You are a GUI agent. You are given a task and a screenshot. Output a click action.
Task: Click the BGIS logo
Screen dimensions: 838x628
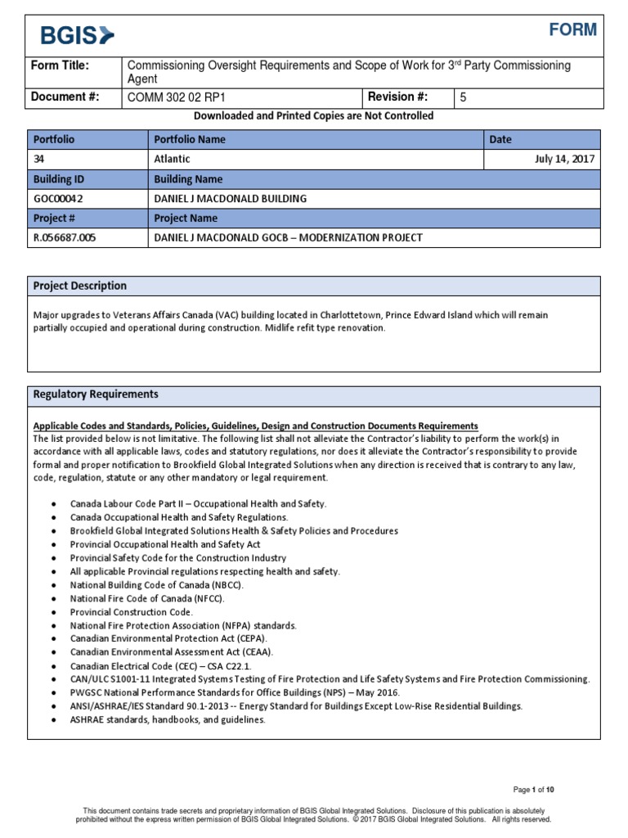(78, 34)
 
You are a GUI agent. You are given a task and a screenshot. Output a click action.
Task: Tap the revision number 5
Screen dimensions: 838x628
(464, 97)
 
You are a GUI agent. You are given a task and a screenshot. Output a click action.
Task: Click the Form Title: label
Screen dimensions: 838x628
(60, 65)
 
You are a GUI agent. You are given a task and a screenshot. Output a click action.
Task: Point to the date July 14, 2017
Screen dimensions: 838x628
(563, 160)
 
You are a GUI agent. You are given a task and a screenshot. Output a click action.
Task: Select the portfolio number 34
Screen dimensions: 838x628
(39, 160)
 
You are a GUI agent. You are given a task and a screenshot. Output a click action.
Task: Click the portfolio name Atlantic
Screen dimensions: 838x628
(172, 160)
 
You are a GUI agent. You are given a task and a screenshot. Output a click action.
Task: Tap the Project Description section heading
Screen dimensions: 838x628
(79, 286)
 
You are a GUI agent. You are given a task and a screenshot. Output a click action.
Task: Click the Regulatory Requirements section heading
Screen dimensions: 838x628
(95, 394)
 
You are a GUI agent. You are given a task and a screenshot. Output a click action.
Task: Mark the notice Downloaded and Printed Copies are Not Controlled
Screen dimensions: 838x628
(314, 116)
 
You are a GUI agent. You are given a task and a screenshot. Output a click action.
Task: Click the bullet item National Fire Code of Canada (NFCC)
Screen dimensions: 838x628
(147, 599)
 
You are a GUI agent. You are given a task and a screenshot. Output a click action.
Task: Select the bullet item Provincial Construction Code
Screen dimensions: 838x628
(132, 612)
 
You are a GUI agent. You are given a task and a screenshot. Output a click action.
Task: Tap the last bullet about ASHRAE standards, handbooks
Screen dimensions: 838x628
(168, 720)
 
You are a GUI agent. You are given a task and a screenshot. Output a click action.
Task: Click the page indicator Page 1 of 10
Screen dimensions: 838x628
(534, 790)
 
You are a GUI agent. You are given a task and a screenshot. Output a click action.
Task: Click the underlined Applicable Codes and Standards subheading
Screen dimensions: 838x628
(254, 426)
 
